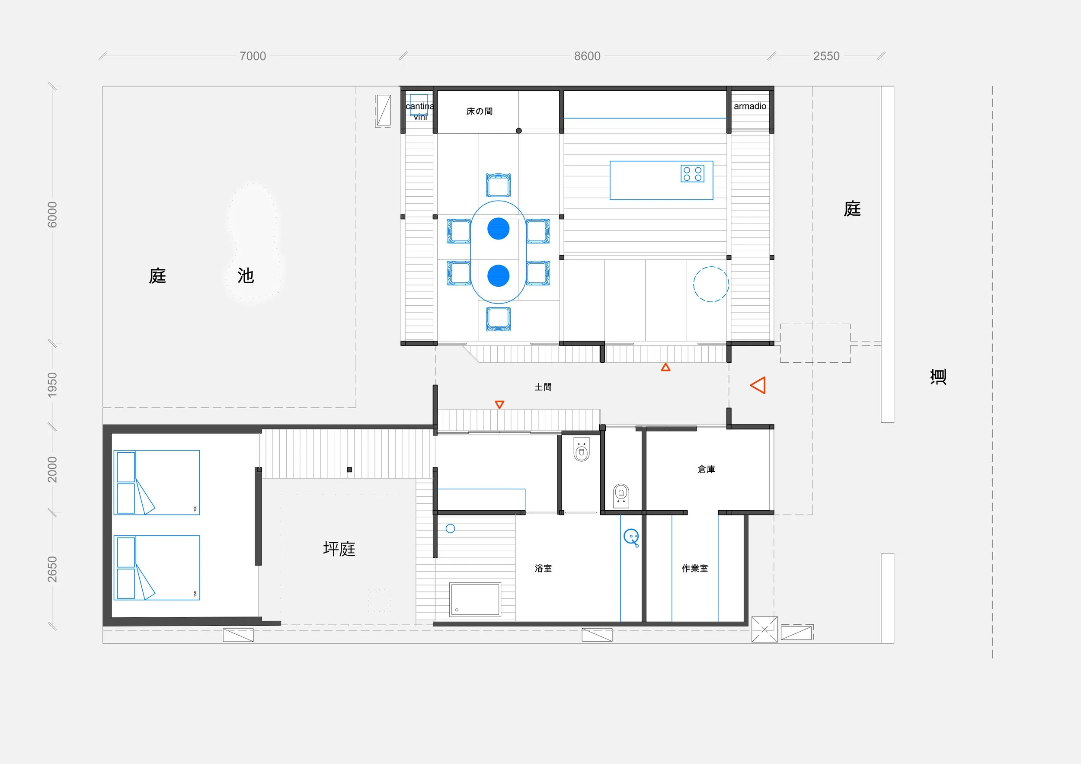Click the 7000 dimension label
tap(253, 56)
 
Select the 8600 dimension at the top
tap(587, 56)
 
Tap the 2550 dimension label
tap(826, 56)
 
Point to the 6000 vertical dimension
tap(52, 214)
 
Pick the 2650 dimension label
tap(52, 569)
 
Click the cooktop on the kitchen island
tap(692, 174)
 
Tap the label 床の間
tap(479, 112)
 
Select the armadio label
tap(750, 106)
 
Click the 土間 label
tap(543, 387)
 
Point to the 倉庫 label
tap(706, 469)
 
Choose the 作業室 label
tap(694, 569)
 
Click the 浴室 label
tap(543, 569)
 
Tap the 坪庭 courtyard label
tap(339, 549)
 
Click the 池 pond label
tap(245, 276)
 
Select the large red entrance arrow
tap(758, 385)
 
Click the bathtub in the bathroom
tap(475, 599)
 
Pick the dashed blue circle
tap(711, 285)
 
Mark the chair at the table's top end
tap(498, 185)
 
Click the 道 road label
tap(938, 377)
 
